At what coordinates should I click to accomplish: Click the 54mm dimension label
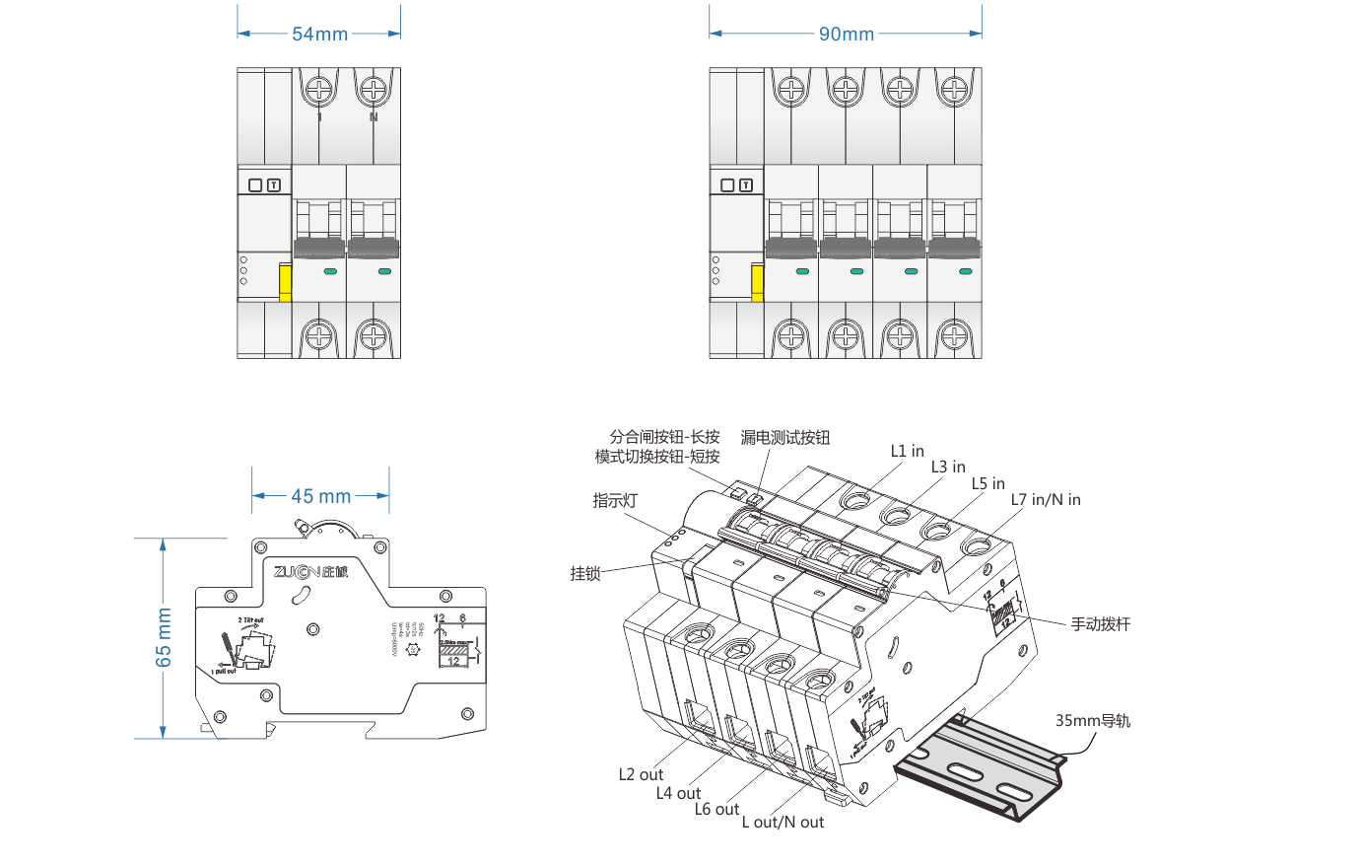click(319, 35)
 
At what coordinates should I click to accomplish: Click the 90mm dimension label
click(847, 35)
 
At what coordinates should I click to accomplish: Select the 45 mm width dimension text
click(321, 496)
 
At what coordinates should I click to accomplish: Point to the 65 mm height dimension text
click(164, 637)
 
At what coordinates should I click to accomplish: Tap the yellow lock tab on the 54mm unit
click(285, 282)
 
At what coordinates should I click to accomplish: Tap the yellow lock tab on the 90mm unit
click(757, 282)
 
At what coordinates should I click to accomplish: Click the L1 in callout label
click(908, 451)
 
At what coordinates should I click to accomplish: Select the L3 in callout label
click(948, 467)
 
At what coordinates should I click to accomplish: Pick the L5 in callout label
click(988, 483)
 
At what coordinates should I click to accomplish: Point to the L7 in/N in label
click(1046, 500)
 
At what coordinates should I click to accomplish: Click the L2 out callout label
click(641, 774)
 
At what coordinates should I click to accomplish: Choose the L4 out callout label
click(678, 793)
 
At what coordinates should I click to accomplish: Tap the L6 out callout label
click(716, 810)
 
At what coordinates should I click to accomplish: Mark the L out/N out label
click(783, 823)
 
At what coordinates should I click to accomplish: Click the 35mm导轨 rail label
click(1093, 721)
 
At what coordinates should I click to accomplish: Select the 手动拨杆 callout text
click(1101, 624)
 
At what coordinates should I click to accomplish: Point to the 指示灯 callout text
click(615, 501)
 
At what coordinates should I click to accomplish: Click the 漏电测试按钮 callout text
click(785, 438)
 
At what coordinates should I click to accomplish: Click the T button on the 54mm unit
click(274, 185)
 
